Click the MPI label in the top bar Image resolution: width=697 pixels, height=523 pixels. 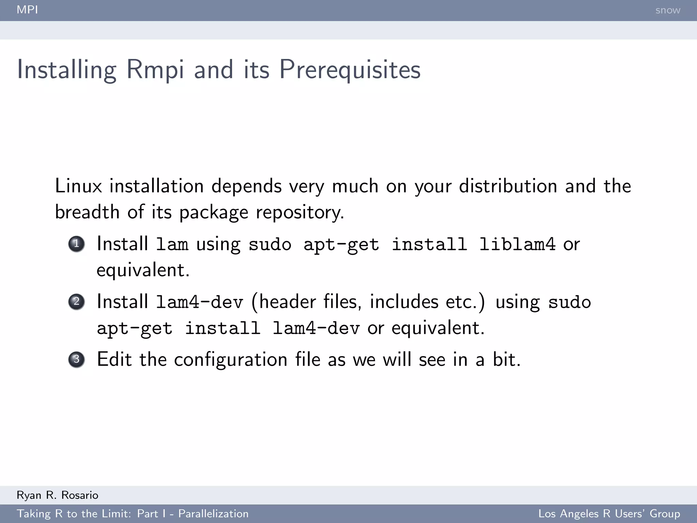27,10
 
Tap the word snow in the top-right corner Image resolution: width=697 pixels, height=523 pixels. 668,10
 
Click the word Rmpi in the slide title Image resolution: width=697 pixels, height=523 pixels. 155,70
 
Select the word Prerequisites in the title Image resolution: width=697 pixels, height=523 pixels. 350,70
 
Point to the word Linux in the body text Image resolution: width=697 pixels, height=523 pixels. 78,186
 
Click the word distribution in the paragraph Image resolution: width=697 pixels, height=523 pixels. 508,186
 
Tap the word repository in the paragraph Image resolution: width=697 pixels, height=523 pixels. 299,212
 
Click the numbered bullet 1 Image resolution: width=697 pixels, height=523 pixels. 77,244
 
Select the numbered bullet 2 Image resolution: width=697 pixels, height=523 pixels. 77,302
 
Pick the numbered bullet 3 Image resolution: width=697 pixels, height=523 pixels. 77,360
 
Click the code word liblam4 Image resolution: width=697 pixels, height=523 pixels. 517,244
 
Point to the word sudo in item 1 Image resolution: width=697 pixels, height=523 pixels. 270,244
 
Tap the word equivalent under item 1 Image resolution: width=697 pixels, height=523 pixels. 143,270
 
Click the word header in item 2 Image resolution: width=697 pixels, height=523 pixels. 288,302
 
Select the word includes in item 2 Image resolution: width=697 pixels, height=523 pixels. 404,302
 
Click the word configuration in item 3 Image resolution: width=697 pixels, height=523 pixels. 231,360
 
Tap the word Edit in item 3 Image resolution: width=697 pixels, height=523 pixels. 114,360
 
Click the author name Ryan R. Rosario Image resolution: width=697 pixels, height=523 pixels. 58,495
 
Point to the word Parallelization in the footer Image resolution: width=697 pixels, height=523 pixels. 213,514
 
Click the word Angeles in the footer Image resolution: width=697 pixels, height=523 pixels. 579,514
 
